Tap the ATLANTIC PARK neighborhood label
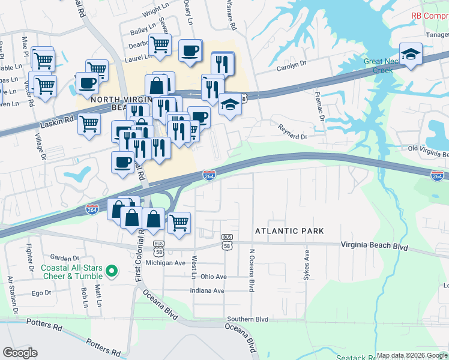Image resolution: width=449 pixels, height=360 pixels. [x=289, y=231]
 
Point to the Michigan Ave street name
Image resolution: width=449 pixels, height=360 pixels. [x=167, y=263]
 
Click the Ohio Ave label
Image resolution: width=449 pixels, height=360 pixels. [x=214, y=277]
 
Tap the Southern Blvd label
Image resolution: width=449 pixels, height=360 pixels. [x=247, y=320]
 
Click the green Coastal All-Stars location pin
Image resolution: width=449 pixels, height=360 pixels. [x=111, y=273]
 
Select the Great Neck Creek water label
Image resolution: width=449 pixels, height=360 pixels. [x=378, y=66]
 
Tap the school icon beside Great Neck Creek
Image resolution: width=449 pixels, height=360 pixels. [x=411, y=54]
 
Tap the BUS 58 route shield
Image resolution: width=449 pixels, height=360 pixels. [x=227, y=241]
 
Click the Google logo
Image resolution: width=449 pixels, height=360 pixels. [x=20, y=353]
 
